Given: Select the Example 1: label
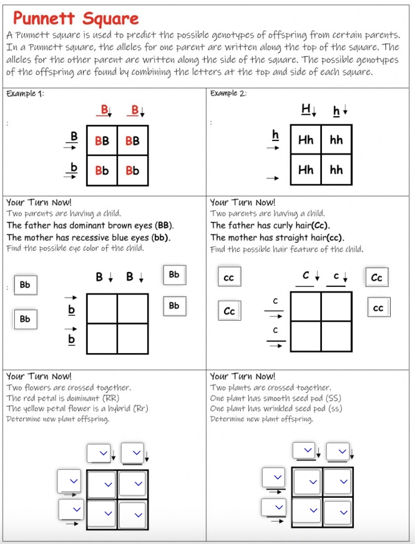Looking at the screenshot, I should point(24,94).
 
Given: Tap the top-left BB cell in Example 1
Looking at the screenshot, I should point(102,141).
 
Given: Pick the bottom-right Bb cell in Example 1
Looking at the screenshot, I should point(132,170).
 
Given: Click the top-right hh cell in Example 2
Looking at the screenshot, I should point(336,140).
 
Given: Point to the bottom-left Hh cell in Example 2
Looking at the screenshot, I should point(306,170).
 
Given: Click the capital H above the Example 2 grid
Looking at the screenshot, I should point(306,110).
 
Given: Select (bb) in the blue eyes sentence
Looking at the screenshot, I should point(161,237).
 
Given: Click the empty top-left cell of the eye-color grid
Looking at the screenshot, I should point(102,309).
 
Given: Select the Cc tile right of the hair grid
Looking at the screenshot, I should point(376,277).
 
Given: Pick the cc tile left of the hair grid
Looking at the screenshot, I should point(228,277).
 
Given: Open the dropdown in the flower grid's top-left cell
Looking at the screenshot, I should point(102,484).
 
